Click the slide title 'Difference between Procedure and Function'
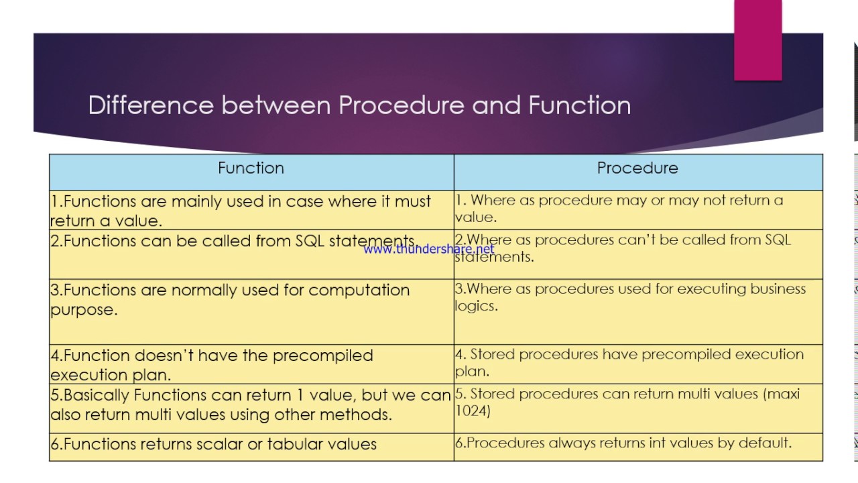pos(359,105)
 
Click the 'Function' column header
pos(251,168)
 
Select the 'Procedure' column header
pos(637,168)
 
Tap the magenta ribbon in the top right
pos(757,40)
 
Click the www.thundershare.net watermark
pos(429,250)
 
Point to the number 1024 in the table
pos(473,411)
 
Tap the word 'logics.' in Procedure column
pos(476,306)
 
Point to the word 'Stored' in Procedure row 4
pos(492,354)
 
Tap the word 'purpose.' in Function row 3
pos(84,310)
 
